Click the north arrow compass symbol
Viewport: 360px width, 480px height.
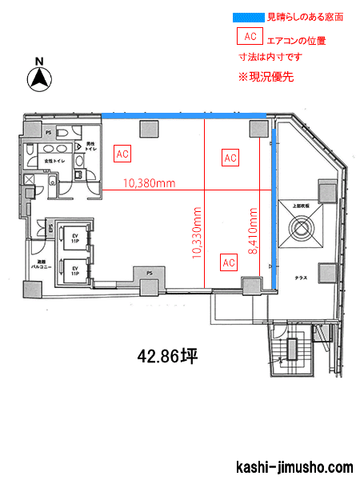coord(40,76)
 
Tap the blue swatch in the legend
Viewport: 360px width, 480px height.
coord(247,16)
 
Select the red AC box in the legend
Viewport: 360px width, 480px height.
coord(250,37)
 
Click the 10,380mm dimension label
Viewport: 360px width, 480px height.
coord(149,183)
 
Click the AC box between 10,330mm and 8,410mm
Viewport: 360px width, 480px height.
coord(229,262)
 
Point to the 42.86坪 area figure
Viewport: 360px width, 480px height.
coord(168,356)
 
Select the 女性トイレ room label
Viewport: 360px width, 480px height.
coord(54,162)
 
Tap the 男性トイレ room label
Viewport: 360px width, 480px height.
coord(90,146)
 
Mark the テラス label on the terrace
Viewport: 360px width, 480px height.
coord(302,276)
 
